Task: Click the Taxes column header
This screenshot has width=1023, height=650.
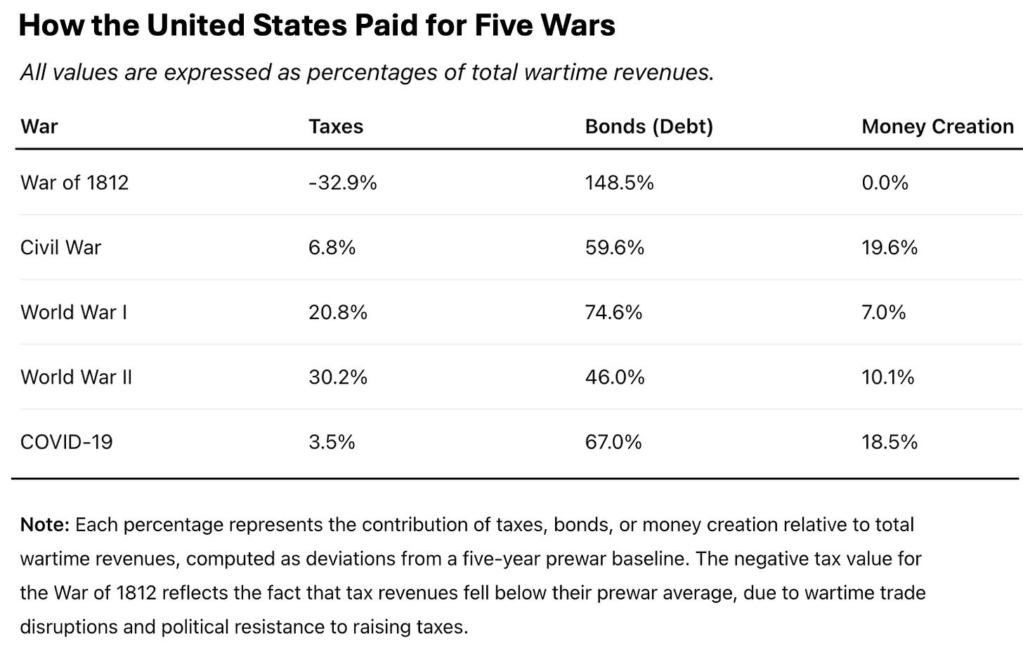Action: tap(336, 126)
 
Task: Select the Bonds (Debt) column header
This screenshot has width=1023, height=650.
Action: tap(649, 126)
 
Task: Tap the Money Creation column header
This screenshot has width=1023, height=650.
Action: tap(937, 126)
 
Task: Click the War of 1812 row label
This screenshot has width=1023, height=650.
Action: tap(74, 183)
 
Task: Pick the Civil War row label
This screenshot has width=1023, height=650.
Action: tap(60, 247)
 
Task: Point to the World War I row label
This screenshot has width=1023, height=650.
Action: tap(74, 312)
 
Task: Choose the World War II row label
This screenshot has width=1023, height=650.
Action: tap(76, 377)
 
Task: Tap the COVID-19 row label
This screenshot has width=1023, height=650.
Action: tap(66, 442)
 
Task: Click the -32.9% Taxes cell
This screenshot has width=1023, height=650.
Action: tap(342, 183)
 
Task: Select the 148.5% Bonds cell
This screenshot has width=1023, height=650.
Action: tap(619, 183)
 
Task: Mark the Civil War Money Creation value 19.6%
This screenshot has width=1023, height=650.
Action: tap(890, 247)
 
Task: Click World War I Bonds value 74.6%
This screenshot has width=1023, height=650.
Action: tap(613, 312)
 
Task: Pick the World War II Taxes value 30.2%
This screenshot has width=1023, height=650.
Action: tap(337, 377)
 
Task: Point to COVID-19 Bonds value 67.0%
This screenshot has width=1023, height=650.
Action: tap(613, 442)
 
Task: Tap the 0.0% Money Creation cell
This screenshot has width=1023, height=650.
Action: tap(885, 183)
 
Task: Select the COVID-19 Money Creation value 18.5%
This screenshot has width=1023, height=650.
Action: tap(890, 442)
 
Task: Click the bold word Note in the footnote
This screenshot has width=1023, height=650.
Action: tap(44, 525)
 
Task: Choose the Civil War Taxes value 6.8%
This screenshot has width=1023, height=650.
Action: tap(332, 247)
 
